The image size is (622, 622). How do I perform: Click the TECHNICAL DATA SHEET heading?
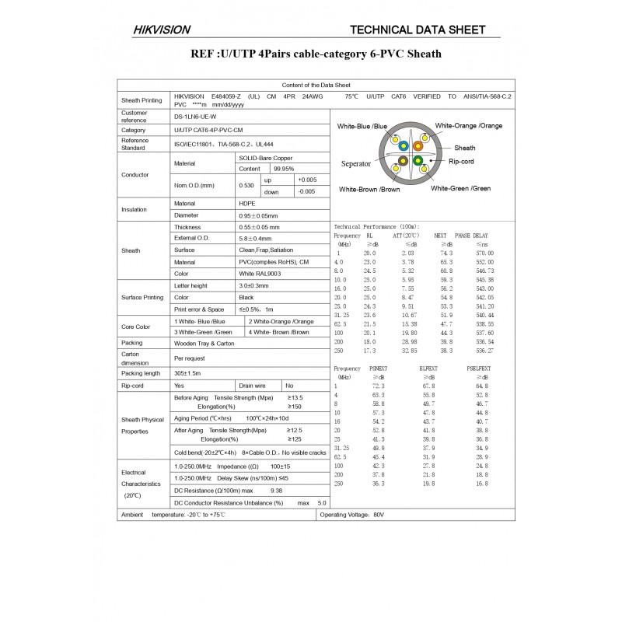click(x=419, y=30)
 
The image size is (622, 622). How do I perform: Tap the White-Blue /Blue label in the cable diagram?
click(x=362, y=126)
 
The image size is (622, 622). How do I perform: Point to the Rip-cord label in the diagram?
click(x=465, y=162)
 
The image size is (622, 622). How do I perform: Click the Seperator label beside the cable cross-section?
click(x=358, y=164)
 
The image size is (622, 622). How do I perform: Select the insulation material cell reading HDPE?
click(x=248, y=203)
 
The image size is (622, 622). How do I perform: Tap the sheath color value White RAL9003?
click(x=260, y=274)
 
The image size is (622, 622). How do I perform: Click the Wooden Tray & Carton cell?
click(x=204, y=342)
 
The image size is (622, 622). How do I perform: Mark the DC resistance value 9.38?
click(x=276, y=491)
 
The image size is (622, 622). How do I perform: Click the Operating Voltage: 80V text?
click(x=352, y=515)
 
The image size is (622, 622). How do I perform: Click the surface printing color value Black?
click(x=246, y=297)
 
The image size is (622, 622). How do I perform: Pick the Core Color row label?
click(x=135, y=327)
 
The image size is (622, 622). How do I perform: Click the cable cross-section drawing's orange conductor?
click(x=418, y=145)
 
